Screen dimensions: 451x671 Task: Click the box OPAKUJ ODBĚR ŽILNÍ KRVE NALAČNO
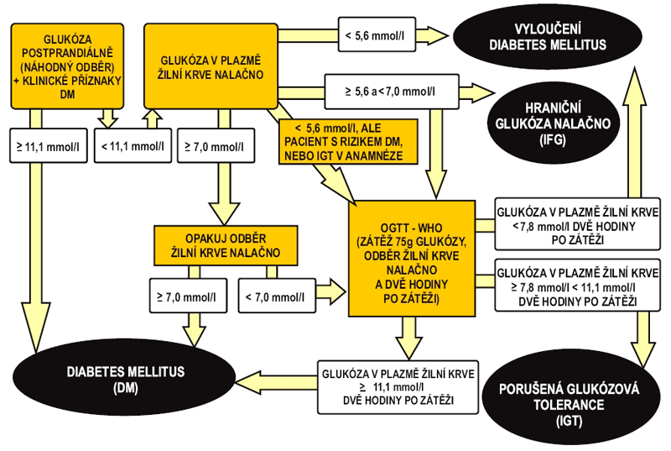pyautogui.click(x=227, y=243)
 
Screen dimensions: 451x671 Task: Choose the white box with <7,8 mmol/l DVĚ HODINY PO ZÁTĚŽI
pyautogui.click(x=577, y=223)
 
